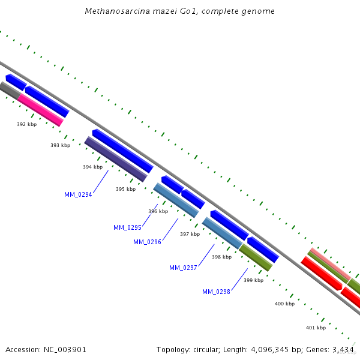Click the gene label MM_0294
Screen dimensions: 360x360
[x=78, y=194]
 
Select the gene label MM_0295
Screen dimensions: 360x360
[x=127, y=227]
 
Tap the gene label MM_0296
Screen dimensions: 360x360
[x=147, y=242]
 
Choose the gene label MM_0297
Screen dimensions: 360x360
[x=183, y=268]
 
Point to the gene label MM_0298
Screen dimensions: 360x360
[x=216, y=292]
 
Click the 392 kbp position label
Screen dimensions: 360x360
[x=26, y=124]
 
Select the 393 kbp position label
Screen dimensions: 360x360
[x=60, y=145]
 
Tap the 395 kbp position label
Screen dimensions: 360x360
[x=125, y=189]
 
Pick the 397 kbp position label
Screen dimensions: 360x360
[x=190, y=234]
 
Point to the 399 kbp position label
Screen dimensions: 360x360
[x=253, y=280]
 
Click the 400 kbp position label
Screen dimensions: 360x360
[x=284, y=304]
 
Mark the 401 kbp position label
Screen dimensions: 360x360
[x=316, y=328]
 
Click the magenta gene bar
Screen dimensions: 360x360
[x=40, y=110]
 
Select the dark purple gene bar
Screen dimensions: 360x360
[x=115, y=159]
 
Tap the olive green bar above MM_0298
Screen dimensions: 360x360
[x=255, y=257]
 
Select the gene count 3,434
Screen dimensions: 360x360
[x=343, y=349]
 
